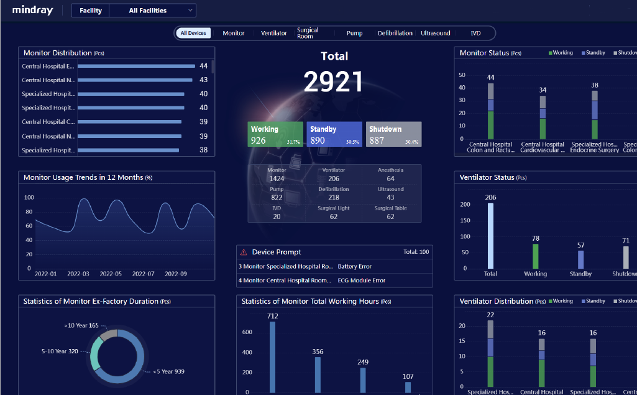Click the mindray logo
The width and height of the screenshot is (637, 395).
[32, 11]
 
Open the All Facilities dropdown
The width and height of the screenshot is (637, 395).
[152, 11]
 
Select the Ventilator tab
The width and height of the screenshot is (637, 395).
[274, 33]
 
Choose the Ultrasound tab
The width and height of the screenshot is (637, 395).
[435, 33]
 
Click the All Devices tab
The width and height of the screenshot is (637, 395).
[193, 33]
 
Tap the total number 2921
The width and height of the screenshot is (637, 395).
[334, 82]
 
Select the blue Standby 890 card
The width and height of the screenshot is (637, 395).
[334, 134]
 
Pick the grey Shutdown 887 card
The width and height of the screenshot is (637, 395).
[393, 134]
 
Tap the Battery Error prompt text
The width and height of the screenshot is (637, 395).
[355, 266]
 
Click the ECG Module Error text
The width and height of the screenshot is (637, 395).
[362, 281]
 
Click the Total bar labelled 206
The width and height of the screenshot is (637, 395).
[490, 235]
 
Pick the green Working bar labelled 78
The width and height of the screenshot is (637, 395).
[535, 256]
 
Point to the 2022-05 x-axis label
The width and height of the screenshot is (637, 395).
[111, 274]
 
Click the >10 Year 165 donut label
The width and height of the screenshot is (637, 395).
[81, 325]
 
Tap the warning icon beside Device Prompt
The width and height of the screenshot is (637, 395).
[244, 252]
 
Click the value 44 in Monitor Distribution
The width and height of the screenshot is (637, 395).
[203, 66]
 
